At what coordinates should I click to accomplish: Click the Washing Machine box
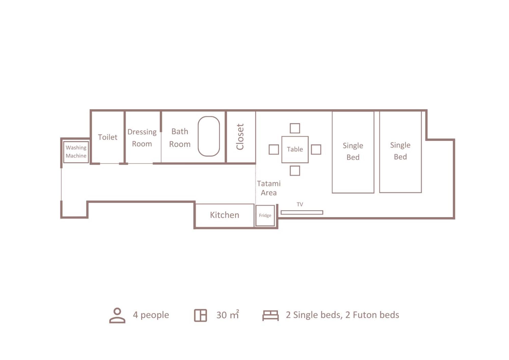(x=76, y=152)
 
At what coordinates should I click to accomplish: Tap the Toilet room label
(x=107, y=137)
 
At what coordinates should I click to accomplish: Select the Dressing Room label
(x=142, y=138)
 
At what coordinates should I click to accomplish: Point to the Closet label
(x=240, y=137)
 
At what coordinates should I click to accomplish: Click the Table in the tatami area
(x=295, y=149)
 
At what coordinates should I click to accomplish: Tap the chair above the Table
(x=295, y=128)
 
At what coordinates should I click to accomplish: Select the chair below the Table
(x=295, y=171)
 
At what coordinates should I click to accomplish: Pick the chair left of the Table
(x=274, y=149)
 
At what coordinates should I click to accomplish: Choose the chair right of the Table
(x=316, y=149)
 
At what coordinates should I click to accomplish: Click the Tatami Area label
(x=269, y=188)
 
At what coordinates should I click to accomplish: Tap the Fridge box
(x=265, y=215)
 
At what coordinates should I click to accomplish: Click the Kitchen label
(x=225, y=215)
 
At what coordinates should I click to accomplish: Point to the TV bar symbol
(x=302, y=212)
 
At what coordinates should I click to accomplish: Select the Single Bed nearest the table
(x=353, y=152)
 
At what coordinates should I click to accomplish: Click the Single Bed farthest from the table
(x=401, y=152)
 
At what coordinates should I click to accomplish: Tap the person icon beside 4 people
(x=117, y=315)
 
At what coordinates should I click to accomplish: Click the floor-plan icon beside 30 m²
(x=200, y=315)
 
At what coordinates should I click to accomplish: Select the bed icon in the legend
(x=270, y=315)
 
